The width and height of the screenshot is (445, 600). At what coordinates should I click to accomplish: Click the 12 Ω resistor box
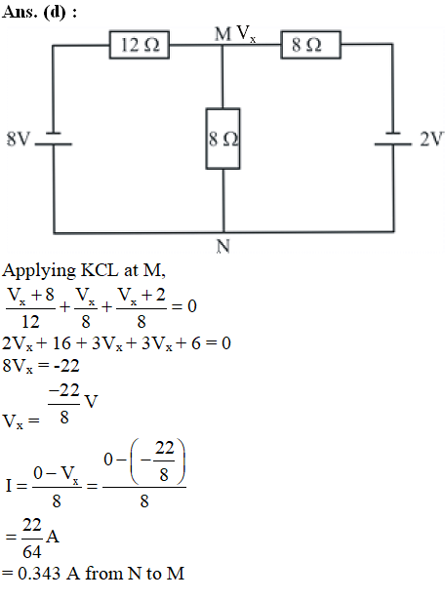(x=140, y=45)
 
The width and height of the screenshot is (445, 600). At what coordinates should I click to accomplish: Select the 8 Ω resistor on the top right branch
(x=310, y=45)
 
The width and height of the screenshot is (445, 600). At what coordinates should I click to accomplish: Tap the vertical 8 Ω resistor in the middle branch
(x=222, y=139)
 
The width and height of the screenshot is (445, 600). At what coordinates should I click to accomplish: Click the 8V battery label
(x=18, y=139)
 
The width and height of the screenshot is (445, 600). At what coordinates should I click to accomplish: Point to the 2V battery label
(x=432, y=139)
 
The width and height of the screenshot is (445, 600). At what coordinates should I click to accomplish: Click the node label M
(x=222, y=34)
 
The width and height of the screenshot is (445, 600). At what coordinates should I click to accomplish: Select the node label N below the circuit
(x=223, y=247)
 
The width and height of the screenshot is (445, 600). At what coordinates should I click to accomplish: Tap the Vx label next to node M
(x=246, y=34)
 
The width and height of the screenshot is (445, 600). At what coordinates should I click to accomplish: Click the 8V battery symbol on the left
(x=54, y=139)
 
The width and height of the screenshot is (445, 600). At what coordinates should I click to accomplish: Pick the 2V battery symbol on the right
(x=393, y=139)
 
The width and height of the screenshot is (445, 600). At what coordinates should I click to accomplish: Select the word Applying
(x=39, y=271)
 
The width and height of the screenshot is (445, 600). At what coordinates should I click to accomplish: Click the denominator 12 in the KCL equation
(x=30, y=321)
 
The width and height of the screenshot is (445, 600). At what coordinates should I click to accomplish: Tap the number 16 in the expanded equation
(x=61, y=343)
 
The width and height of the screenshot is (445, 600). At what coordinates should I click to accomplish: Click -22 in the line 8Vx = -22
(x=66, y=366)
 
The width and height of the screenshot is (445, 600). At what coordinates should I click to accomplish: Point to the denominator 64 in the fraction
(x=32, y=552)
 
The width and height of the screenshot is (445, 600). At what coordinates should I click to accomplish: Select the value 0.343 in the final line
(x=39, y=574)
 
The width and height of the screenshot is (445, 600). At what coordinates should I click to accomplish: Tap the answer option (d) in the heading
(x=55, y=13)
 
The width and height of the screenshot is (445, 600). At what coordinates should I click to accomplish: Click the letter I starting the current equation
(x=9, y=486)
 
